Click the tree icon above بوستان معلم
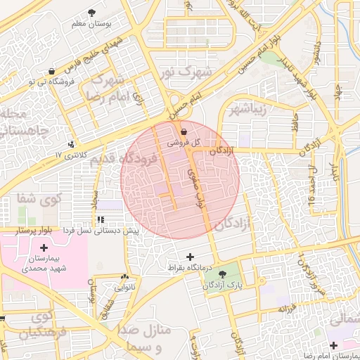tap(92, 13)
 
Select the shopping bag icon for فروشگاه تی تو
tap(52, 72)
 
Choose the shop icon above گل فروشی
tap(184, 131)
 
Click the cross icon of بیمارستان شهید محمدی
tap(44, 247)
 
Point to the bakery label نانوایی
tap(126, 288)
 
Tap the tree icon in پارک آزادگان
tap(223, 274)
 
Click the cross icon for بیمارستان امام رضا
tap(333, 345)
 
